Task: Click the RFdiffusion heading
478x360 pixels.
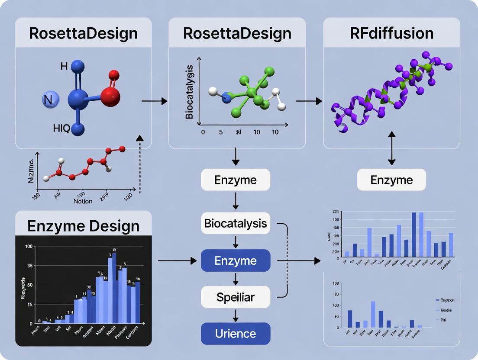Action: click(x=391, y=33)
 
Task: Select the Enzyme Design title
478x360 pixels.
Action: click(x=84, y=225)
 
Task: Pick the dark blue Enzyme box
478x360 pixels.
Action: click(x=236, y=261)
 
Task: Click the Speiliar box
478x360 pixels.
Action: click(x=236, y=297)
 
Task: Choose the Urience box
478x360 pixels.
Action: click(x=236, y=334)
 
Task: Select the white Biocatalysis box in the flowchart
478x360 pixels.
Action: click(x=236, y=224)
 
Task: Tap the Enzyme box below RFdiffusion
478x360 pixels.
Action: click(x=391, y=180)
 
